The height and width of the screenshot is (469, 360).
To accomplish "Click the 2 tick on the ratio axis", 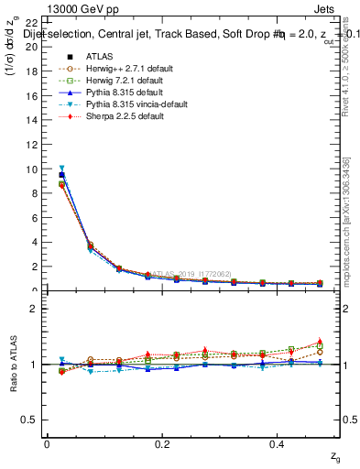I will tap(35, 309).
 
